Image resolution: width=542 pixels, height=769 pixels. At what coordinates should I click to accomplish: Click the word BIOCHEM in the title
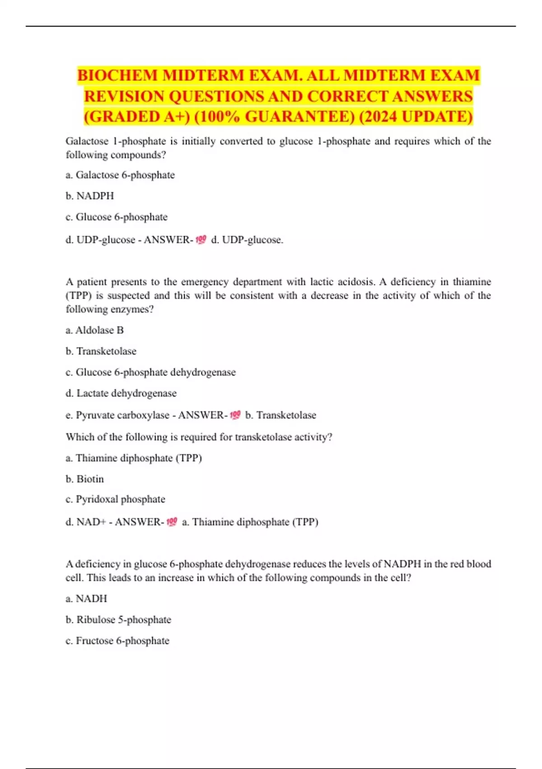tap(117, 76)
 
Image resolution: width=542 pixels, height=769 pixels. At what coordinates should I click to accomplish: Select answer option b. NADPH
tap(89, 196)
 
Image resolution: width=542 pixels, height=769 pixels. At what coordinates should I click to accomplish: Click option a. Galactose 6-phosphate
tap(120, 175)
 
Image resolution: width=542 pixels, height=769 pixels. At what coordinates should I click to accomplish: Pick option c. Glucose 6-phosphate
tap(117, 217)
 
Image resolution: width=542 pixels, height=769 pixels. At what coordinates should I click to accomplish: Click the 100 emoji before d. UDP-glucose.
tap(201, 239)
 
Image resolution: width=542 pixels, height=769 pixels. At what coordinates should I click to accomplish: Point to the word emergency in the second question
tap(205, 282)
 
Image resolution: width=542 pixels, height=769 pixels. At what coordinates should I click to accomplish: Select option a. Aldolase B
tap(94, 330)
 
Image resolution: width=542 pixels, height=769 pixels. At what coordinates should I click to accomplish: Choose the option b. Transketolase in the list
tap(101, 351)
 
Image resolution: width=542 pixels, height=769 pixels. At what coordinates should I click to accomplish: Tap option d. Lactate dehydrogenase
tap(121, 393)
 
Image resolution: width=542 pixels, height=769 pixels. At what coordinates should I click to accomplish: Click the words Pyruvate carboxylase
tap(122, 415)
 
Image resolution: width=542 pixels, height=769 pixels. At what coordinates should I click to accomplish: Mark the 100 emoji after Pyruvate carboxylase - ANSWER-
tap(235, 415)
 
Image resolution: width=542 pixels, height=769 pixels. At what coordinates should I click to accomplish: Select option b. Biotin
tap(84, 479)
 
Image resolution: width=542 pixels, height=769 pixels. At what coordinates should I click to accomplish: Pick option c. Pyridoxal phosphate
tap(115, 499)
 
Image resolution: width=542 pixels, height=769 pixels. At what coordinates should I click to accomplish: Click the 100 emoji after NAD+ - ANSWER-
tap(172, 522)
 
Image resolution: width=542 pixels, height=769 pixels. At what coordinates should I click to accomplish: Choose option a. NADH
tap(86, 598)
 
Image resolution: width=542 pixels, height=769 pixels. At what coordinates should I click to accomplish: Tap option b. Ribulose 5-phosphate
tap(118, 620)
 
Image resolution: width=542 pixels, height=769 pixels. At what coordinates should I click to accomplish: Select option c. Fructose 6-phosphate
tap(117, 641)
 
